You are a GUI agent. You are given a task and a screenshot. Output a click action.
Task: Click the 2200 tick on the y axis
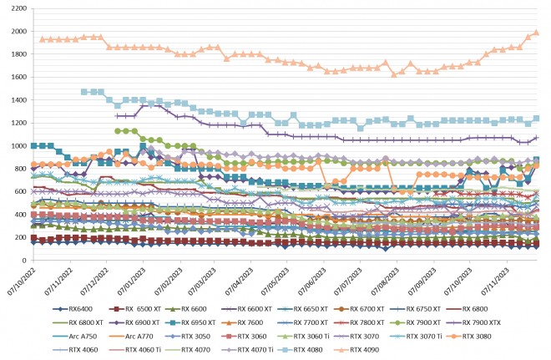(16, 8)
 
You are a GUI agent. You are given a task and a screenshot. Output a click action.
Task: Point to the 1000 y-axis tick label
(16, 145)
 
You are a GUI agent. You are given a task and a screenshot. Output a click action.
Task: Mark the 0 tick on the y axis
(23, 260)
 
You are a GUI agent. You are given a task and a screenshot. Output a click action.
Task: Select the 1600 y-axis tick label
(16, 77)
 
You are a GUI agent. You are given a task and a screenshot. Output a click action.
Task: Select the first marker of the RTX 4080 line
(83, 92)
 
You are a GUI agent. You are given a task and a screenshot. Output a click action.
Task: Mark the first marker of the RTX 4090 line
(42, 39)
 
